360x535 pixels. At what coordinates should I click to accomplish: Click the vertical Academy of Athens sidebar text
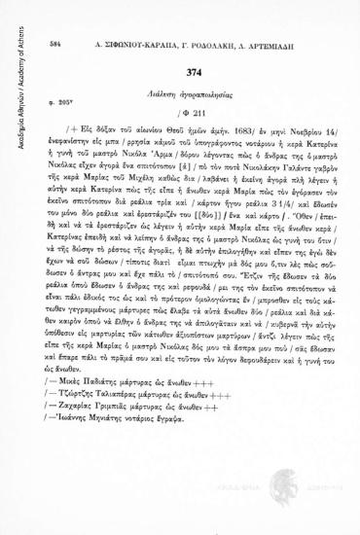tap(11, 58)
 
